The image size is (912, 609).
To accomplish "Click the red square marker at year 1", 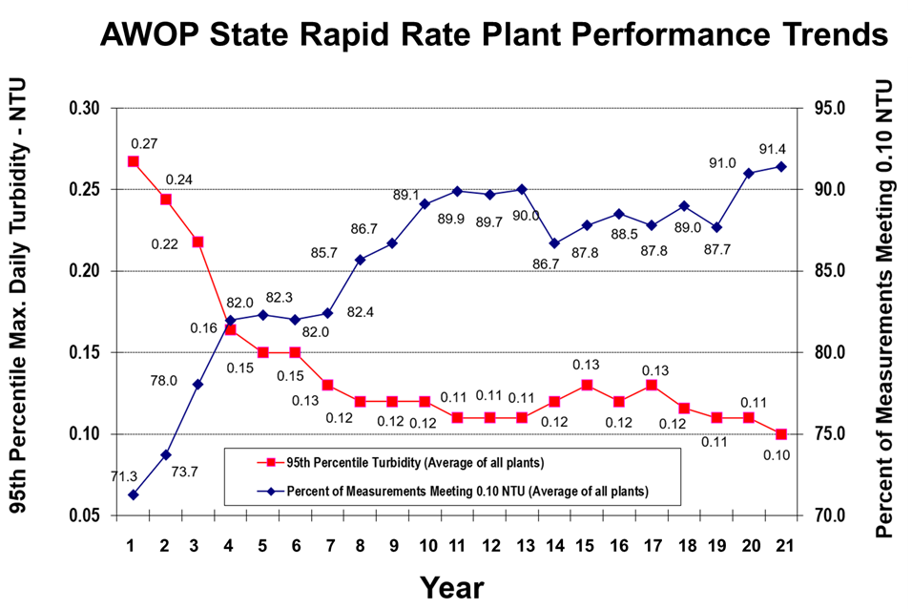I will pyautogui.click(x=134, y=161).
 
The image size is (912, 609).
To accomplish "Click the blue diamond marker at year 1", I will pyautogui.click(x=134, y=494).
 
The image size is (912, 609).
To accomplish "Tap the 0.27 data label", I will pyautogui.click(x=144, y=144).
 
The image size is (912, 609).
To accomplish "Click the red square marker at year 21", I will pyautogui.click(x=781, y=434).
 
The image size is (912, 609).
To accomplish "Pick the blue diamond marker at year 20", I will pyautogui.click(x=749, y=173).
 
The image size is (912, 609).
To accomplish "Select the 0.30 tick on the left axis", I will pyautogui.click(x=84, y=108).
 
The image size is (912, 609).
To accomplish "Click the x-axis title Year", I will pyautogui.click(x=452, y=585).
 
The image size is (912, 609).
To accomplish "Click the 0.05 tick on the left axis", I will pyautogui.click(x=84, y=516).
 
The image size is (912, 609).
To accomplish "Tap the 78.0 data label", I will pyautogui.click(x=164, y=380).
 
